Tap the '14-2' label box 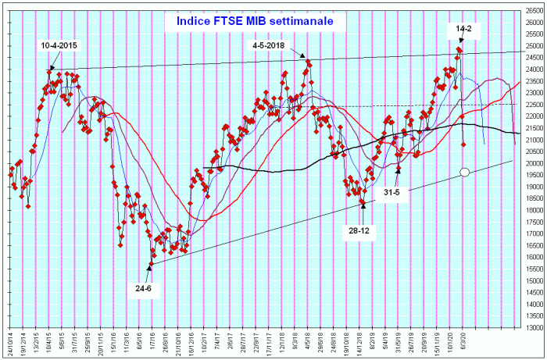463,29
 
